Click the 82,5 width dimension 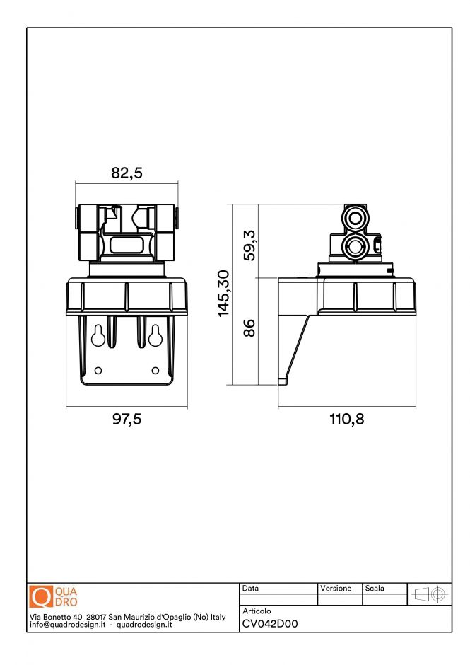[127, 173]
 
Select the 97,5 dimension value [127, 419]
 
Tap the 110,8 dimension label [346, 419]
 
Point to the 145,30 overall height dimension [223, 293]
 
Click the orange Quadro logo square [41, 596]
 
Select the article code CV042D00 [270, 624]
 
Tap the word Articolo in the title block [257, 611]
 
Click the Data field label [251, 589]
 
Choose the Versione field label [336, 589]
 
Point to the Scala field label [375, 589]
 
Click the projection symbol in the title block [430, 594]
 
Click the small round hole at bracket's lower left [98, 371]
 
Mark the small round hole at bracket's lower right [156, 371]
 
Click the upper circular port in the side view [353, 216]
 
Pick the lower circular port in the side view [353, 246]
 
